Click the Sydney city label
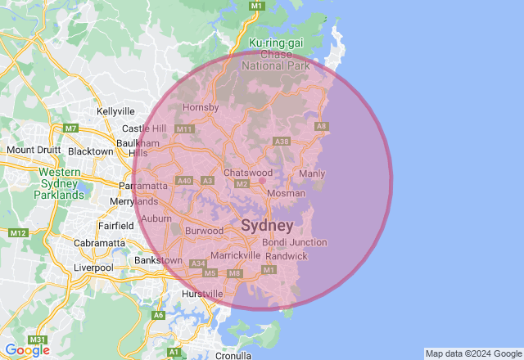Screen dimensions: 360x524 pyautogui.click(x=267, y=225)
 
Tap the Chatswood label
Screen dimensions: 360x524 pyautogui.click(x=248, y=173)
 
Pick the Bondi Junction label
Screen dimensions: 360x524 pyautogui.click(x=295, y=242)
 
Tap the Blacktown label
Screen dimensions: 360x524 pyautogui.click(x=91, y=151)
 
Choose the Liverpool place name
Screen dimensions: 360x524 pyautogui.click(x=93, y=268)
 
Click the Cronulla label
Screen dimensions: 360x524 pyautogui.click(x=233, y=356)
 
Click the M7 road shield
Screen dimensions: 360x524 pyautogui.click(x=70, y=128)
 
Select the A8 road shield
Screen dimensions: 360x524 pyautogui.click(x=322, y=126)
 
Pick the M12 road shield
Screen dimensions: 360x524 pyautogui.click(x=18, y=233)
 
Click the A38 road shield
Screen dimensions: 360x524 pyautogui.click(x=282, y=142)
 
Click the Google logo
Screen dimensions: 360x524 pyautogui.click(x=27, y=350)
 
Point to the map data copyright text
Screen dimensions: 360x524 pyautogui.click(x=473, y=353)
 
